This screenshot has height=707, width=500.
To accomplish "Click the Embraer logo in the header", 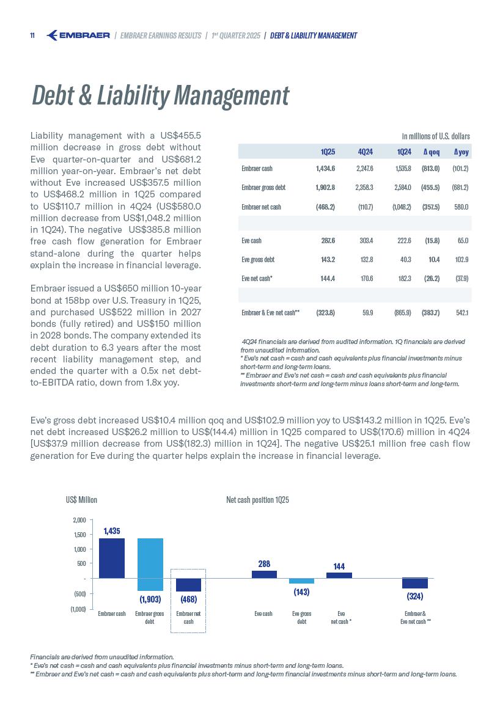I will point(78,35).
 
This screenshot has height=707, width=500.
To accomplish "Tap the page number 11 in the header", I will point(32,35).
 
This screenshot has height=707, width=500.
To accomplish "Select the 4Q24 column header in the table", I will point(365,152).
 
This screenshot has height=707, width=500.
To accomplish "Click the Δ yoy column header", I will point(460,152).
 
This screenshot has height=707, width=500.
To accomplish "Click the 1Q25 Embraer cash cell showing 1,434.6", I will point(325,168).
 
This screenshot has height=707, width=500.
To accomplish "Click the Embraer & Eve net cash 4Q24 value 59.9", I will point(367,313).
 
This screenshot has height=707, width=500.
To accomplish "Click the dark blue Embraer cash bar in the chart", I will point(112,558).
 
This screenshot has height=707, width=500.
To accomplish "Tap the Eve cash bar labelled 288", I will point(264,574).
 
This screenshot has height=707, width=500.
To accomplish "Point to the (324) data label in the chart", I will point(415,595).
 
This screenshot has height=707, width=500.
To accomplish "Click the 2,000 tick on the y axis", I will point(79,520).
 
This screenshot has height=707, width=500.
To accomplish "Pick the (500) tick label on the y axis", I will point(78,593).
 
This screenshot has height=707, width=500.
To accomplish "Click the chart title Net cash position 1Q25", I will point(257,500).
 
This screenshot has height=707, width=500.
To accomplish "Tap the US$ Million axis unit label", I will point(81,500).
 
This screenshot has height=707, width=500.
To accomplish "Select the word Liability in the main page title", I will point(133,96).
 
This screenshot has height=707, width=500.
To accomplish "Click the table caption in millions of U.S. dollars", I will point(435,136).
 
